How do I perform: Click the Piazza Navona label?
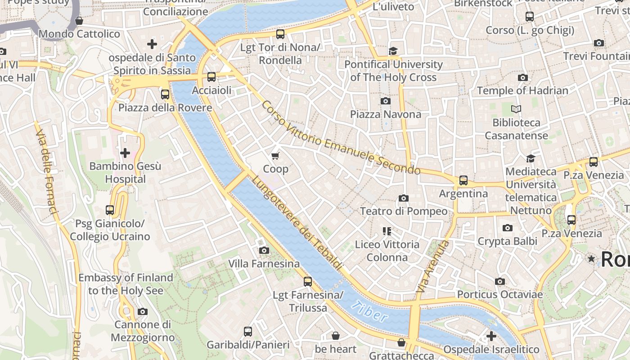click(386, 114)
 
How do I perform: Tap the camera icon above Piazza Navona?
click(386, 101)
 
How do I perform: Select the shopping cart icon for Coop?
click(275, 156)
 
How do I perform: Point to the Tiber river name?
click(369, 312)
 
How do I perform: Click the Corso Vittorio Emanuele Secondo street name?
click(341, 138)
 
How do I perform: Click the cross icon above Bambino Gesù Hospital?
click(125, 153)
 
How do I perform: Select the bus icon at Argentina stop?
click(463, 180)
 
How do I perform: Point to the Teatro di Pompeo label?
click(404, 211)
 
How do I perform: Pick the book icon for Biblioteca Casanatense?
click(516, 109)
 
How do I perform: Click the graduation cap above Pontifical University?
click(393, 51)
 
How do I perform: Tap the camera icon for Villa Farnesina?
click(264, 250)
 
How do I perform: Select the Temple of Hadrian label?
click(522, 90)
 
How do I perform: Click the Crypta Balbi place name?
click(507, 241)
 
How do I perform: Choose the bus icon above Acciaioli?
click(211, 77)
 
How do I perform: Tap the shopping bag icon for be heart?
click(335, 336)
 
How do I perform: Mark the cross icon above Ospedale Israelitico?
click(491, 336)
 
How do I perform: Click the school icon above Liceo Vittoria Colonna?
click(387, 231)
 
